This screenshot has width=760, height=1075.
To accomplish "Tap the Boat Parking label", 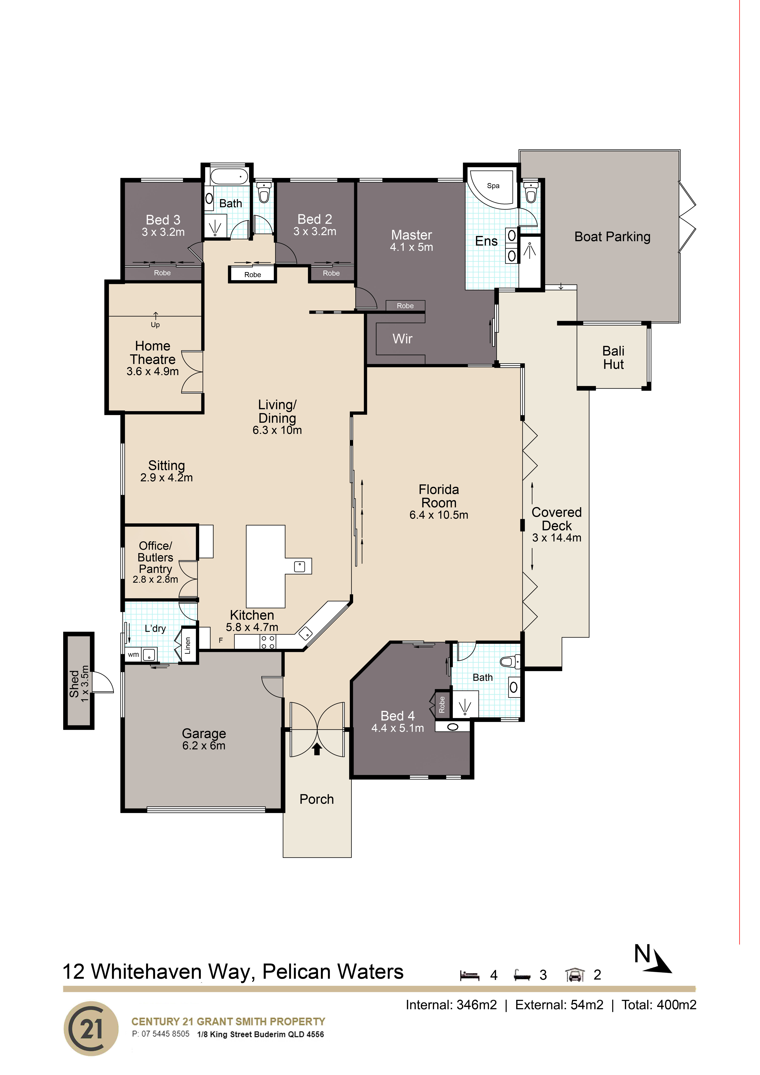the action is [613, 237].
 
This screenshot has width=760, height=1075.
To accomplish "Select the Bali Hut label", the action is [613, 358].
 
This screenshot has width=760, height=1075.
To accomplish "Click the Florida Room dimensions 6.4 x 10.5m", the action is [439, 515].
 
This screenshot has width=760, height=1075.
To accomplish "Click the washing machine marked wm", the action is [133, 655].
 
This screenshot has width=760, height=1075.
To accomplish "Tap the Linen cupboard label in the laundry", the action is [188, 645].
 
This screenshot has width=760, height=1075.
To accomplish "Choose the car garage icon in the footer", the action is [575, 975].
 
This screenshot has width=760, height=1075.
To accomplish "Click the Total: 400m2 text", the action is [659, 1005].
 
